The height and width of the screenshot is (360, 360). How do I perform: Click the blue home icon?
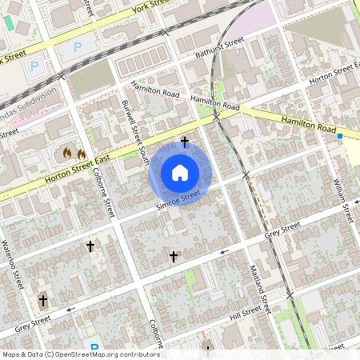pos(180,173)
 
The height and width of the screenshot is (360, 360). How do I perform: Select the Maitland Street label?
pos(259,289)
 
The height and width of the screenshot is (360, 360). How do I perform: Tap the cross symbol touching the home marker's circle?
pos(185,142)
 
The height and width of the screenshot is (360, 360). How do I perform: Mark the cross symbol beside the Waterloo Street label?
pos(43,301)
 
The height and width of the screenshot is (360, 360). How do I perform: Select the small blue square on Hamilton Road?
pos(340,136)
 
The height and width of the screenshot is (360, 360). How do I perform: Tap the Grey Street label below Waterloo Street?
pos(32,322)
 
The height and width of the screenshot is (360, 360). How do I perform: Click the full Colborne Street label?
pos(102,192)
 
